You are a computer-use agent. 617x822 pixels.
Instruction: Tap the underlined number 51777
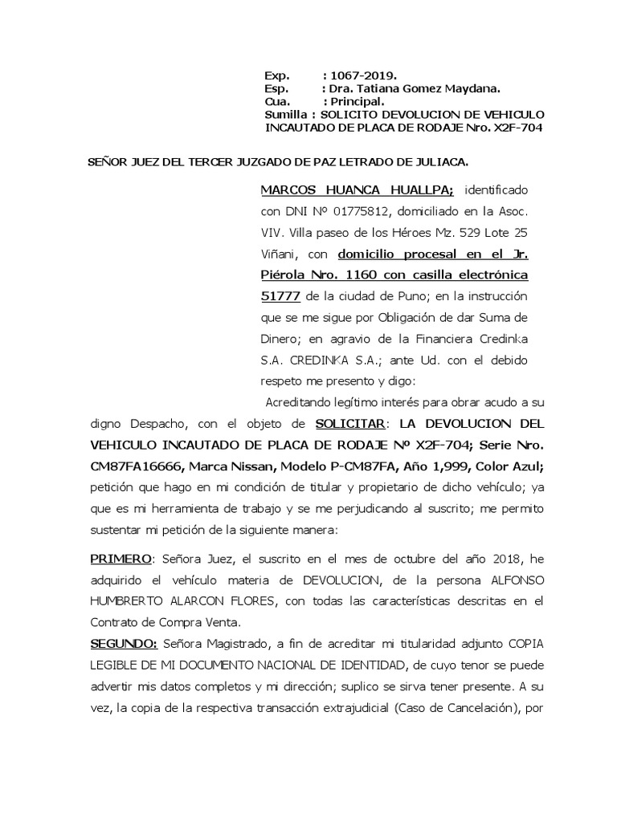[x=281, y=296]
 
